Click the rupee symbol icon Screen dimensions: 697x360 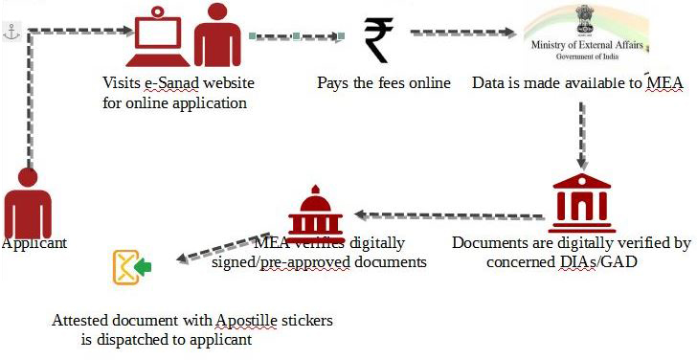(378, 39)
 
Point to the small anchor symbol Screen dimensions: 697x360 (11, 32)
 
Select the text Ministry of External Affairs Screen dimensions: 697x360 (584, 44)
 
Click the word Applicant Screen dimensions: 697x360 (34, 243)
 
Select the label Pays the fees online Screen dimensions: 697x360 (384, 82)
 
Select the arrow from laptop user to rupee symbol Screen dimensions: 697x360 (297, 37)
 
